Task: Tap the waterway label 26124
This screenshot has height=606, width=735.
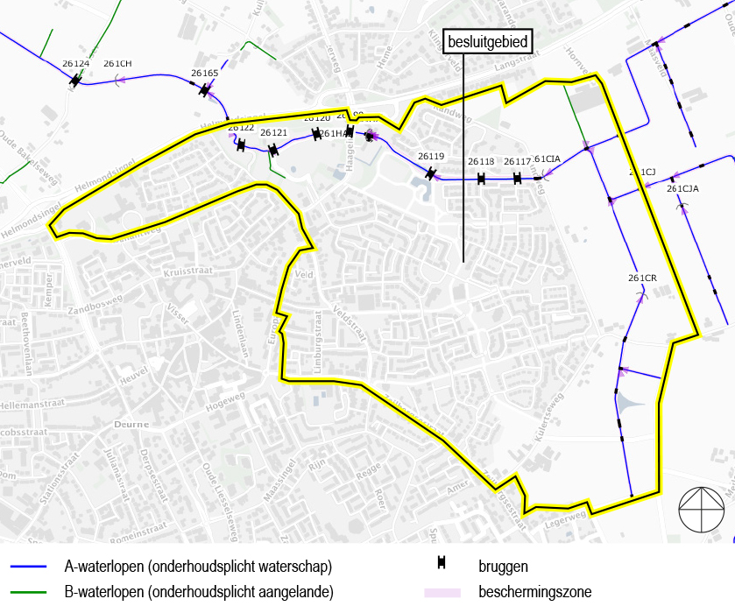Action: pos(76,64)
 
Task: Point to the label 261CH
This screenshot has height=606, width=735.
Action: pos(117,64)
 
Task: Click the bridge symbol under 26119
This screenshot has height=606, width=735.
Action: pos(430,173)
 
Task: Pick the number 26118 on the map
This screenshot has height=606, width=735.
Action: pos(481,162)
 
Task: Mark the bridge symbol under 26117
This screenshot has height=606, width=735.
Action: pos(518,179)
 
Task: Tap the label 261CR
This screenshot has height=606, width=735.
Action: pos(642,278)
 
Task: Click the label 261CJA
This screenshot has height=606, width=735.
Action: pos(682,188)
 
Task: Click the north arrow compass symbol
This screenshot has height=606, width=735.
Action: pos(702,508)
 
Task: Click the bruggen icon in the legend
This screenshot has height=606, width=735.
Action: pos(443,567)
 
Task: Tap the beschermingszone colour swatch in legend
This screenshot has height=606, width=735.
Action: pos(443,593)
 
